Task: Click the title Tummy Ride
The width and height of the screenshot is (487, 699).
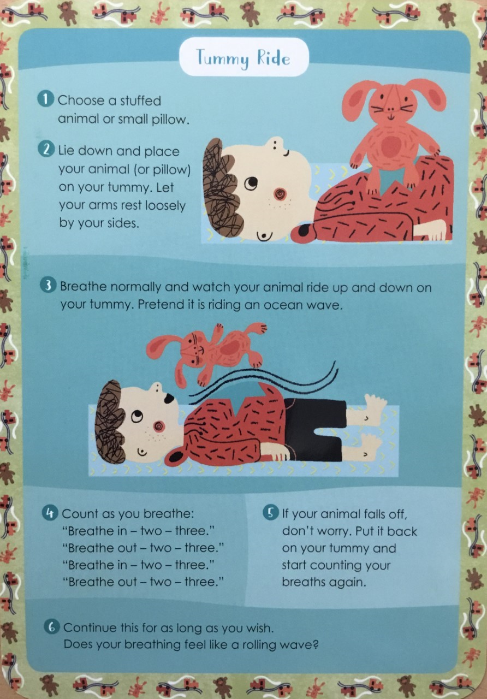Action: pos(243,58)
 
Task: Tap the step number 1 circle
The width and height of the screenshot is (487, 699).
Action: pos(45,99)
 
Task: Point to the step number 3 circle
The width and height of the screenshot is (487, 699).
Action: pos(47,286)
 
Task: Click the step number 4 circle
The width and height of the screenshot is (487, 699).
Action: pos(50,513)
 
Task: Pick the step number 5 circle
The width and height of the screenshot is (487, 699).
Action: pos(270,513)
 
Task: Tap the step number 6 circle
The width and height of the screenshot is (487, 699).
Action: pos(52,627)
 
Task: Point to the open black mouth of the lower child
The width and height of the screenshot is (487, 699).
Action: pos(169,398)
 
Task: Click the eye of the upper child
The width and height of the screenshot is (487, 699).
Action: pos(251,183)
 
